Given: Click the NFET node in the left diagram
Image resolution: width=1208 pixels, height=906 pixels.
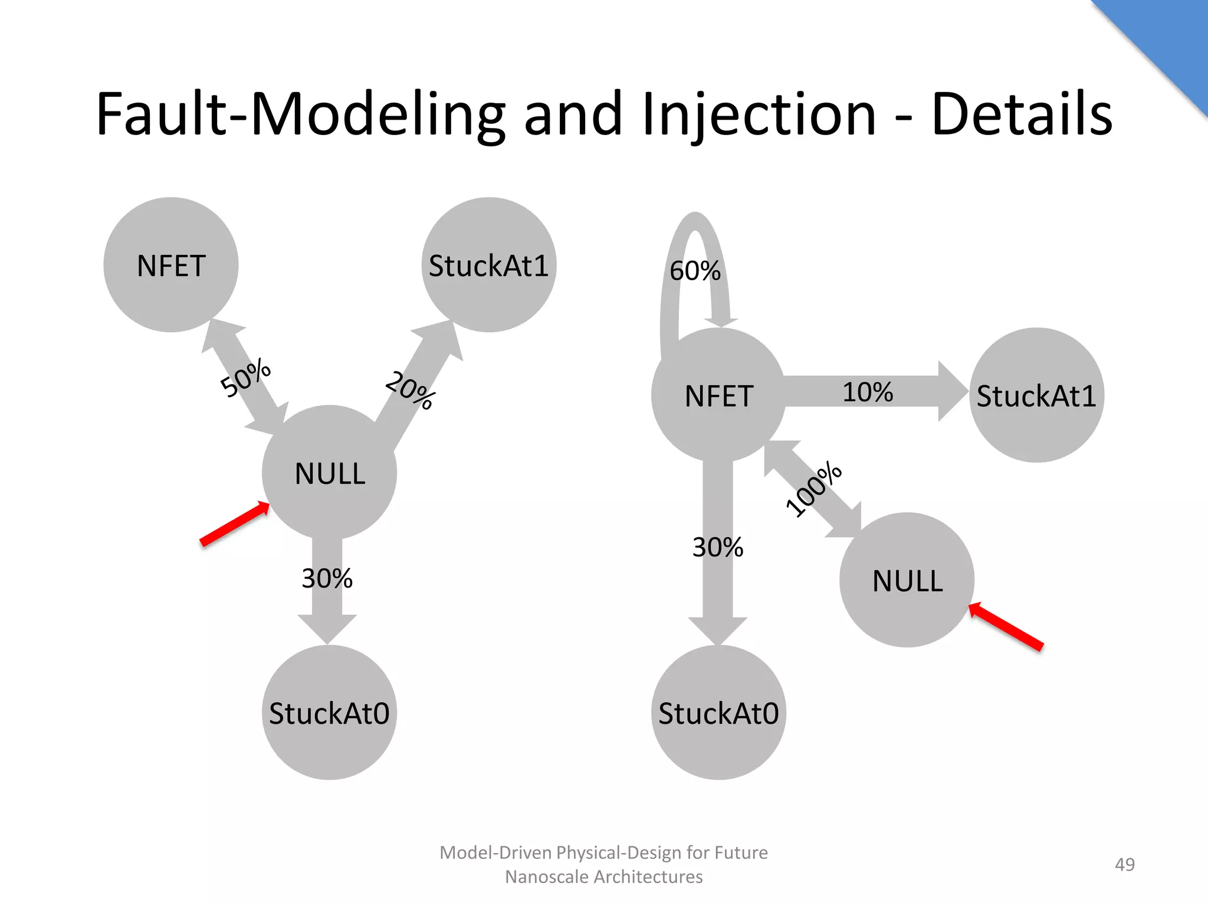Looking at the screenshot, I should [171, 265].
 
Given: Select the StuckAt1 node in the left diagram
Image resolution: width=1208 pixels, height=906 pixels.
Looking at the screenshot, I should [488, 265].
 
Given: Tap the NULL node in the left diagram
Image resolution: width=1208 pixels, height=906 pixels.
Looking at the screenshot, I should [329, 472].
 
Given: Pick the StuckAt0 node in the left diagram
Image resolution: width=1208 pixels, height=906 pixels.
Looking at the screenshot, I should [329, 713].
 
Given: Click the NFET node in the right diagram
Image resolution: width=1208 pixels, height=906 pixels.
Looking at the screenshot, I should [718, 395].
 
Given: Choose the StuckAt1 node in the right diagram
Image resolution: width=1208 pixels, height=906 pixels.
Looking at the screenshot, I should [1036, 395].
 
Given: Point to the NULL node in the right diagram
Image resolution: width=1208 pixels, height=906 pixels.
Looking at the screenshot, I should [907, 580].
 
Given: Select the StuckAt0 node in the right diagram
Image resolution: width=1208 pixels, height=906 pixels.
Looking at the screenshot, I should [718, 713].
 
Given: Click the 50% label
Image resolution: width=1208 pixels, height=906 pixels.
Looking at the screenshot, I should [245, 378].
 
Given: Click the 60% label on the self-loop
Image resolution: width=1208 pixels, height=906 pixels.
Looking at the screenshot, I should [695, 271].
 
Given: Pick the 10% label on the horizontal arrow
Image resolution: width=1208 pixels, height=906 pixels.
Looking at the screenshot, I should [867, 392].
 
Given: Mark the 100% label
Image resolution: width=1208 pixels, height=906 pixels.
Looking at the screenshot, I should [814, 489].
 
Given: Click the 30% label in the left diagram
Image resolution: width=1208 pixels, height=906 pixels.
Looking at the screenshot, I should [327, 579].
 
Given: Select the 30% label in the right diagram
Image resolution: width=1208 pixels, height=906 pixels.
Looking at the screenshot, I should [717, 547].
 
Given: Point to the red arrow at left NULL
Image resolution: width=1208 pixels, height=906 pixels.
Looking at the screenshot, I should [235, 524].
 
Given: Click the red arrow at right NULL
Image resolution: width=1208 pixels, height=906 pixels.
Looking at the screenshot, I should [1006, 626].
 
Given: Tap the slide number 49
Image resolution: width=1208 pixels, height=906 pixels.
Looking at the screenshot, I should [1124, 864].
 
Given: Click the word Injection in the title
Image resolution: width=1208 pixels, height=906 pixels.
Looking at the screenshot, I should [759, 114].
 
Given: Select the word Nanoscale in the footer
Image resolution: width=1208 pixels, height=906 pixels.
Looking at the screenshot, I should [547, 877].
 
